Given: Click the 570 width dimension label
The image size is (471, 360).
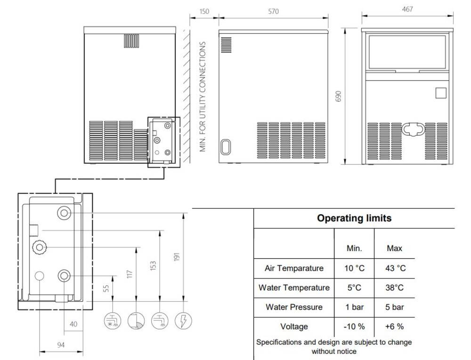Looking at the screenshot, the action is point(273,11).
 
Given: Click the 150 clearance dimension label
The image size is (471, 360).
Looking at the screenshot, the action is point(204,11).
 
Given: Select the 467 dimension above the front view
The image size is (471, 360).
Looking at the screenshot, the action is point(407,9).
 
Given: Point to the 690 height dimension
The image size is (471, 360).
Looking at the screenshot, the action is point(338,96).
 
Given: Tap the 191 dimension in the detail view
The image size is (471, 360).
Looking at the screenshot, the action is point(177,257).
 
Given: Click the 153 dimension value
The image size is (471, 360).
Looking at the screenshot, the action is point(153,266).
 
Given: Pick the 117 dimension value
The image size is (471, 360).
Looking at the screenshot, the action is point(130,274).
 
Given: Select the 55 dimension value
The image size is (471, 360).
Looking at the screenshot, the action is point(106,288).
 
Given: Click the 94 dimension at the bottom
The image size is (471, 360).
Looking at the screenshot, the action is point(61,344).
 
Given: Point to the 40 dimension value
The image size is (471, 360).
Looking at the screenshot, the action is point(73,324).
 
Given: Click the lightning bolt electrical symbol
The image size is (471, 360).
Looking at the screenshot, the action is point(183,320).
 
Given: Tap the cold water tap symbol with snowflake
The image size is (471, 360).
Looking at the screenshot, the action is point(113,320).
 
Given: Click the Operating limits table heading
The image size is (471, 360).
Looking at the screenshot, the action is point(354,218).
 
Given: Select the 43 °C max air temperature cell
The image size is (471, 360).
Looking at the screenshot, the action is point(395,268).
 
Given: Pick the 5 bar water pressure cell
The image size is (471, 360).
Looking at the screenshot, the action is point(395,307).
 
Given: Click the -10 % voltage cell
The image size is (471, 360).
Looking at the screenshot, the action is point(354,327).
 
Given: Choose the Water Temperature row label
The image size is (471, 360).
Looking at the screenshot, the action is point(294,287).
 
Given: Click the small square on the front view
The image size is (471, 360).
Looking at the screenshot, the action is point(441,93).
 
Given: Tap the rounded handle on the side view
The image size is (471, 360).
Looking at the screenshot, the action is point(225,147).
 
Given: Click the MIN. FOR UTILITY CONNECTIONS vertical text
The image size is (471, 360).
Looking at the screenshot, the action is point(203,97).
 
